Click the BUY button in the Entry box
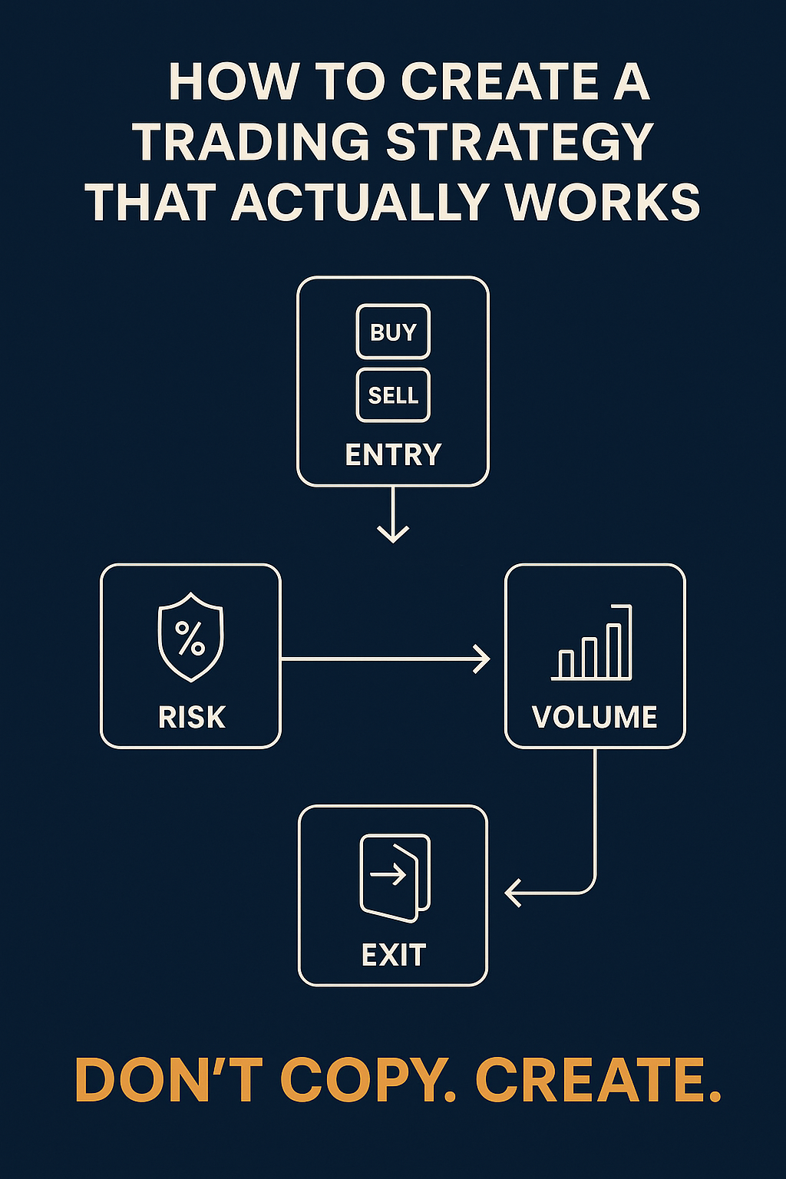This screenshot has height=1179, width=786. pos(393,332)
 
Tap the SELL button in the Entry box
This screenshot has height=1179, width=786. pos(393,395)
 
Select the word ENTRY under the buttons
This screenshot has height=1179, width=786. pos(393,455)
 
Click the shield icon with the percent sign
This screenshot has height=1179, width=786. pos(190,636)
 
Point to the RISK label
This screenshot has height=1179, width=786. pos(191,717)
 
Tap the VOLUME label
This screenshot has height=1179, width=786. pos(595,717)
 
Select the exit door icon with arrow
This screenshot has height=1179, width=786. pos(395,877)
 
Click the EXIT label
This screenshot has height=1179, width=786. pos(394,956)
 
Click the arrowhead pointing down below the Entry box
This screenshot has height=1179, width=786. pos(393,533)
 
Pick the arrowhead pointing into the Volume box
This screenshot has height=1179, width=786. pos(482,659)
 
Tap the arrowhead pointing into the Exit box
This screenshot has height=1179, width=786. pos(513,893)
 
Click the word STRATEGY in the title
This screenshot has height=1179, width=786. pos(519,143)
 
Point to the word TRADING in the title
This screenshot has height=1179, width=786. pos(250,143)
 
